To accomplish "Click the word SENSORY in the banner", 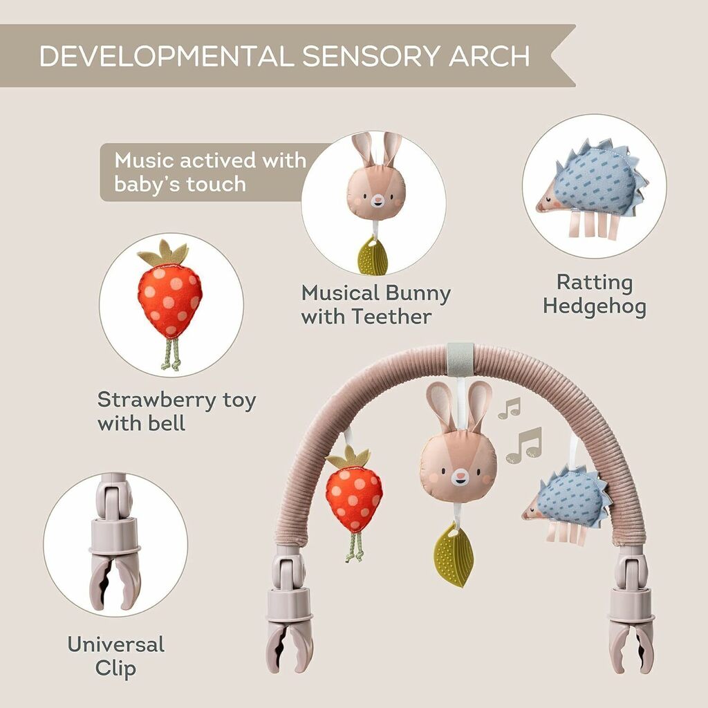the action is click(369, 56).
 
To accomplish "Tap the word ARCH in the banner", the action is click(489, 56).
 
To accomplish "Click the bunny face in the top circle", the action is click(377, 192).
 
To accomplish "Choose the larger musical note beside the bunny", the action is click(524, 445).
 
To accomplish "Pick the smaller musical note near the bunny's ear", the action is click(510, 408).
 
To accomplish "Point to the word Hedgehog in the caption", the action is click(595, 307).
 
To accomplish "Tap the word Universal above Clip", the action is click(115, 644).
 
